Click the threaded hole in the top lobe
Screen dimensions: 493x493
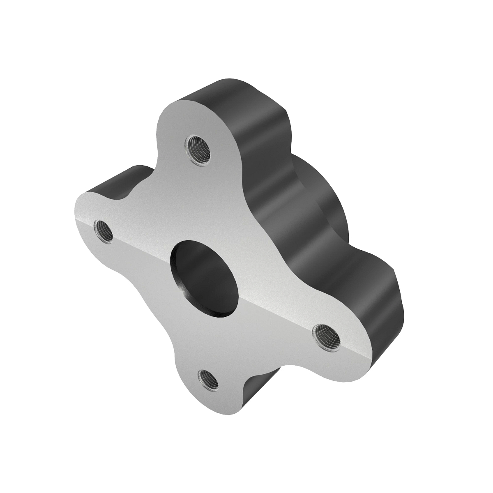198,150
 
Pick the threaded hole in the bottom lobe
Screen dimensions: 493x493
210,380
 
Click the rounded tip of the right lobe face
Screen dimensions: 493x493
362,362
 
